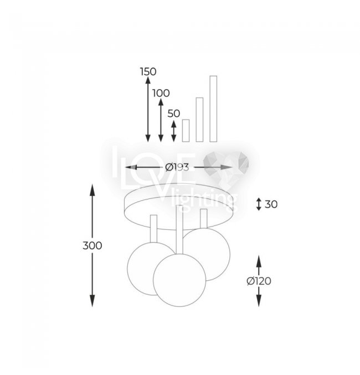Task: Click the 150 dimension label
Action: click(148, 71)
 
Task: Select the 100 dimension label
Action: click(161, 93)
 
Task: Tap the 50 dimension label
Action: click(174, 114)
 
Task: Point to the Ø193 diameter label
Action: click(177, 167)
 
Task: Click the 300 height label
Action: click(92, 245)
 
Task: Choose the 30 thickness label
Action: click(271, 204)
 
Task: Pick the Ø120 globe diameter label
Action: click(259, 281)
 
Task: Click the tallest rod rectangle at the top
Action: click(213, 109)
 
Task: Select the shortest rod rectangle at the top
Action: click(186, 131)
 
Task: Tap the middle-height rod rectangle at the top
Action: click(199, 120)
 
